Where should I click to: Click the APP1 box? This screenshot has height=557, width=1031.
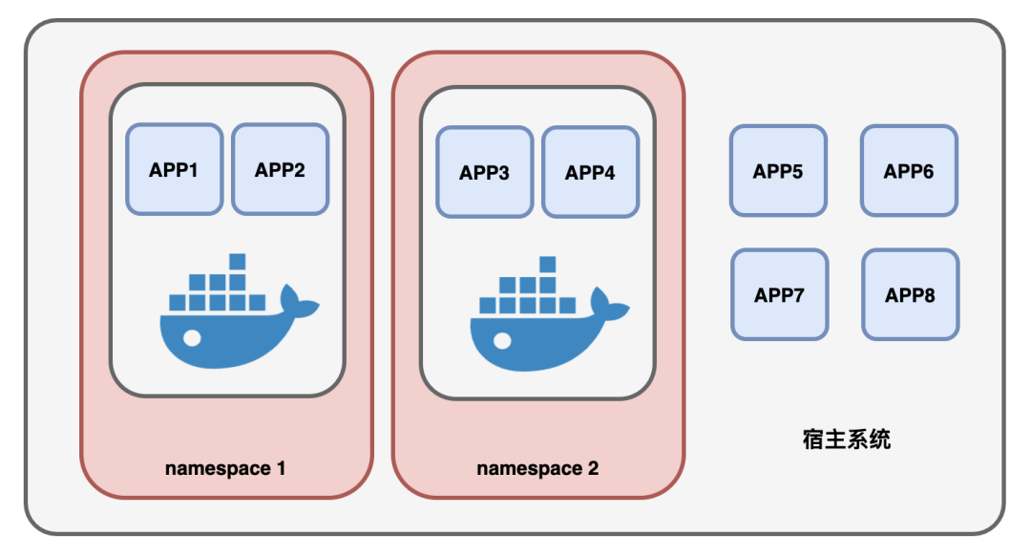pos(174,169)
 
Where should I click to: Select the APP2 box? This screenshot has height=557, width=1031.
pos(280,169)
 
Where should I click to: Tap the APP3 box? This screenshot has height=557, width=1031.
pos(484,172)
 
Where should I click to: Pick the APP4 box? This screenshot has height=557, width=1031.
pos(590,172)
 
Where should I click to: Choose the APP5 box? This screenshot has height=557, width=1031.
pos(778,170)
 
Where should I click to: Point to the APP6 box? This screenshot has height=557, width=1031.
pos(909,170)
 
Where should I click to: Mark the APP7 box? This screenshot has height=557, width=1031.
pos(779,294)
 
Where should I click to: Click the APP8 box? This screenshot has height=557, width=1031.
pos(910,294)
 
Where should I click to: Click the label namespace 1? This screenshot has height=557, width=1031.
pos(225,468)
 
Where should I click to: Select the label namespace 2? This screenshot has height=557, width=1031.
pos(537,468)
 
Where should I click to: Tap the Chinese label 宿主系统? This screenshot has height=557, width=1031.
pos(847,439)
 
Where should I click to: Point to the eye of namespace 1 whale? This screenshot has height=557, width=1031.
pos(194,337)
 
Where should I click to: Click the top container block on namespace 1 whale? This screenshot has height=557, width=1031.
pos(238,262)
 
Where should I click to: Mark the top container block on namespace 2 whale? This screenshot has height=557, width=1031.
pos(548,265)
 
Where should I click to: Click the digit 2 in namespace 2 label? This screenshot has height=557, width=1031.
pos(593,468)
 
